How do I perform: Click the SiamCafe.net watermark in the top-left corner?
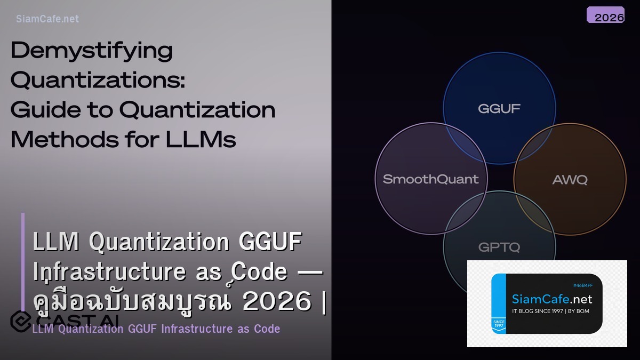(47, 19)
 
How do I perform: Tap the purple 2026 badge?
(605, 15)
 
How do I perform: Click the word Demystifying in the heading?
(92, 51)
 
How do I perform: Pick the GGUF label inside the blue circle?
(499, 109)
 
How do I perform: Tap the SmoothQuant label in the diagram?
(431, 179)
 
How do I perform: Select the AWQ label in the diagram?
(570, 180)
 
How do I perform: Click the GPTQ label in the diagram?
(499, 247)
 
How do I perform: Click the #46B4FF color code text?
(583, 285)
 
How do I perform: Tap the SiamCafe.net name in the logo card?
(552, 299)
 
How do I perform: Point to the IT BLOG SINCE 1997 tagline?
(550, 311)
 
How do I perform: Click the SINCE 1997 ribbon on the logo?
(499, 324)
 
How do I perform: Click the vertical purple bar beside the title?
(23, 261)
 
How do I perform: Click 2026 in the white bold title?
(277, 302)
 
